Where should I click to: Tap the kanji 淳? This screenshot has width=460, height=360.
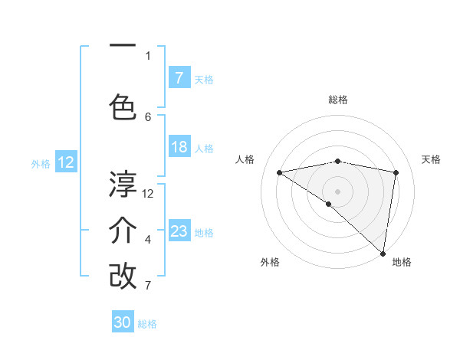(123, 184)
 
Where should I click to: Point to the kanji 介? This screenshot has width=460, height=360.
(123, 231)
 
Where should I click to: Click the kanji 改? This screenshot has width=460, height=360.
(123, 276)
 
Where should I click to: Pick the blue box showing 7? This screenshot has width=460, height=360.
(179, 78)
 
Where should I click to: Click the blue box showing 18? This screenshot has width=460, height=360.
(179, 147)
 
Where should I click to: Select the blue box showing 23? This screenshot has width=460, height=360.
(179, 231)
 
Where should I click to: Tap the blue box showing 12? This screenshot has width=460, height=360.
(66, 162)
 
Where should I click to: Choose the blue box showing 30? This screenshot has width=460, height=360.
(123, 322)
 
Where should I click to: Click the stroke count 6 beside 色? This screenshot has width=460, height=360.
(148, 116)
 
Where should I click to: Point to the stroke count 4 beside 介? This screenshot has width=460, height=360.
(148, 240)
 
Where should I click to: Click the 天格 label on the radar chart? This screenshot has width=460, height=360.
(431, 159)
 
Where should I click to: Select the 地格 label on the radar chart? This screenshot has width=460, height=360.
(402, 262)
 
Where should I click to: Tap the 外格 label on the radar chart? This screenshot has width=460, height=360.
(270, 262)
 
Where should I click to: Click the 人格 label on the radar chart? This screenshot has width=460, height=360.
(245, 159)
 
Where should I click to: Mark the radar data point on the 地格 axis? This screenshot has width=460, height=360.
(382, 253)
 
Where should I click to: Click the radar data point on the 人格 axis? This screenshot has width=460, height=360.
(279, 172)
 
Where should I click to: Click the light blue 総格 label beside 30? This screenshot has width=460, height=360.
(147, 324)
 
